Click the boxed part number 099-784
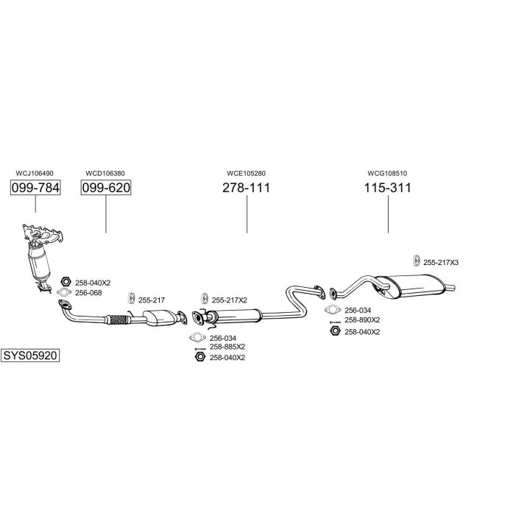[x=35, y=188]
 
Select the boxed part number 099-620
[x=105, y=188]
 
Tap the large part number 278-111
[x=247, y=188]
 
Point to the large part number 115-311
[x=387, y=188]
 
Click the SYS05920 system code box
[x=30, y=355]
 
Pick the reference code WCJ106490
[x=35, y=173]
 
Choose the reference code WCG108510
[x=387, y=173]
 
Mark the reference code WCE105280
[x=246, y=173]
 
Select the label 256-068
[x=89, y=293]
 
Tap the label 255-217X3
[x=440, y=263]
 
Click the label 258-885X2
[x=227, y=347]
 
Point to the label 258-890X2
[x=362, y=320]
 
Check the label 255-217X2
[x=230, y=300]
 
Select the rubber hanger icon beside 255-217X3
[x=416, y=261]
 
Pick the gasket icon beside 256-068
[x=65, y=294]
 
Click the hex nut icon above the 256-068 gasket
[x=65, y=282]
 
